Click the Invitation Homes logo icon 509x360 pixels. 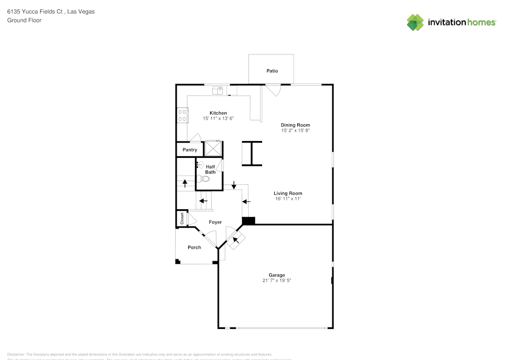tap(415, 22)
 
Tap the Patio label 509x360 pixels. tap(272, 71)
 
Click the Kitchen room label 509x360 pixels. tap(218, 113)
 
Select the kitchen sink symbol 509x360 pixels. tap(218, 91)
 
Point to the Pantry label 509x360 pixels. tap(190, 150)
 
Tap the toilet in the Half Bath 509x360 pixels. tap(205, 179)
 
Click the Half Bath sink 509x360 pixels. tap(200, 165)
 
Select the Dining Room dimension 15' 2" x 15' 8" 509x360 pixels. tap(295, 130)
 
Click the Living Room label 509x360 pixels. tap(288, 193)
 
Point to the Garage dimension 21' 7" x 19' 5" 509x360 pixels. tap(277, 280)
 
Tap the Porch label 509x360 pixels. tap(194, 247)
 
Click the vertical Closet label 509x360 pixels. tap(182, 218)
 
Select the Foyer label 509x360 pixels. tap(215, 222)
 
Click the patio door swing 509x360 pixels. tap(273, 91)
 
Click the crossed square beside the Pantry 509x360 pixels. tap(213, 148)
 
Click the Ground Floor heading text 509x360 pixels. tap(24, 20)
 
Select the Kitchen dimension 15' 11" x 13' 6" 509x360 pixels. tap(218, 119)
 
